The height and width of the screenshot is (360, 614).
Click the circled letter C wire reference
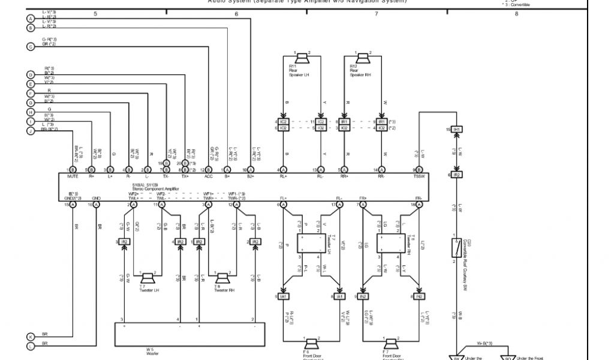pos(31,47)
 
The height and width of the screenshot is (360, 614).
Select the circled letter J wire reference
pos(31,130)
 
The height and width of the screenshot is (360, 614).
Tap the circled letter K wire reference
pos(31,337)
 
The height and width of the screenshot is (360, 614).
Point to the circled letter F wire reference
pos(31,94)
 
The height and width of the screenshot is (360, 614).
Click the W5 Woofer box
pos(189,334)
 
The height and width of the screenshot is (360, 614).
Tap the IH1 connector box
pos(457,130)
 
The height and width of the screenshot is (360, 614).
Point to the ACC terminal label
pos(209,177)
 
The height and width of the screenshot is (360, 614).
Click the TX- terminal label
pos(166,177)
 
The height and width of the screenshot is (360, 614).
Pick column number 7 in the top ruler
pos(377,13)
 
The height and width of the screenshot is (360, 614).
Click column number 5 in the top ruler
pos(95,13)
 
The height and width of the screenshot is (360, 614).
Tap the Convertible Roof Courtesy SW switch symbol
pos(457,247)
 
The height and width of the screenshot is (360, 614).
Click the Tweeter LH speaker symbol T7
pos(148,278)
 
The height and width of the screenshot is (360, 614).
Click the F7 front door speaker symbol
pos(392,344)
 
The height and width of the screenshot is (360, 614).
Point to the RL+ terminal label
pos(283,177)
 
